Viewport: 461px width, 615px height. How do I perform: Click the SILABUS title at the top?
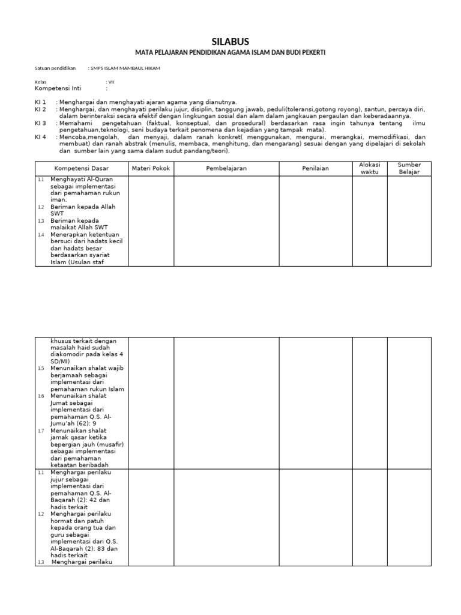pyautogui.click(x=230, y=41)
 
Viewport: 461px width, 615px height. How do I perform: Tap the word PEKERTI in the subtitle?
pyautogui.click(x=310, y=53)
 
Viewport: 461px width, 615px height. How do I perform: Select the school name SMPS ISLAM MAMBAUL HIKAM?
pyautogui.click(x=124, y=68)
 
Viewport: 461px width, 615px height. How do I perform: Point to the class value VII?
pyautogui.click(x=110, y=82)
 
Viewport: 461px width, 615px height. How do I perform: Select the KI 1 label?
pyautogui.click(x=40, y=103)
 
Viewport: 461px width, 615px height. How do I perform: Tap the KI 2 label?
pyautogui.click(x=40, y=110)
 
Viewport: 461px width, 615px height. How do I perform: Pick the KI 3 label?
pyautogui.click(x=40, y=123)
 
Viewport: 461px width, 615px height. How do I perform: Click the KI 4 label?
pyautogui.click(x=40, y=137)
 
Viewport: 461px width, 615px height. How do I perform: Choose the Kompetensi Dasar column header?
pyautogui.click(x=82, y=169)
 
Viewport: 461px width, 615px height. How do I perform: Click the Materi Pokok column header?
pyautogui.click(x=151, y=169)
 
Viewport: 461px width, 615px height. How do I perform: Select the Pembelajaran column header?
pyautogui.click(x=226, y=169)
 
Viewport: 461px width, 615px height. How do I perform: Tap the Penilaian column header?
pyautogui.click(x=315, y=169)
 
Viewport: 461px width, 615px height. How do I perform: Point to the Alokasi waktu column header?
pyautogui.click(x=370, y=168)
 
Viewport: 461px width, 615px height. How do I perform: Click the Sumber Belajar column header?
pyautogui.click(x=409, y=168)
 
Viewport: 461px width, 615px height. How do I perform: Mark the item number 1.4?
pyautogui.click(x=41, y=235)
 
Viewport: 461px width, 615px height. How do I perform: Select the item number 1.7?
pyautogui.click(x=41, y=431)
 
